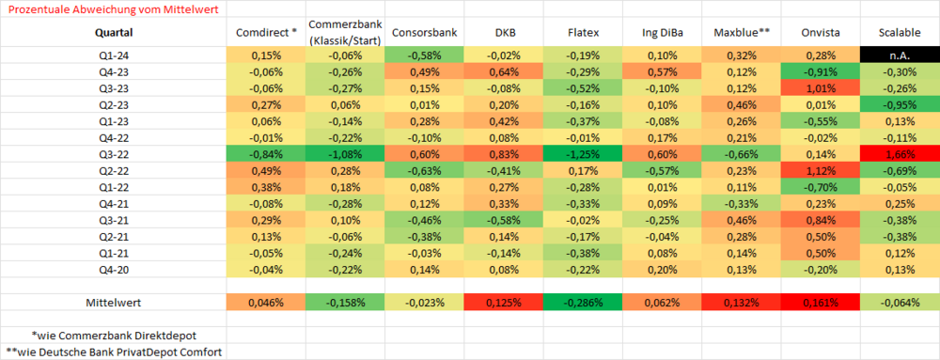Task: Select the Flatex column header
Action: point(583,34)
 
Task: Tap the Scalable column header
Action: point(900,34)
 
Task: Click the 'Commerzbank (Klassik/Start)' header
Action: point(344,33)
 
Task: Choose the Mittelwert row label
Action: point(114,303)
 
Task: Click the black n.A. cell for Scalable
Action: point(900,55)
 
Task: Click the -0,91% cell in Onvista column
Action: point(820,71)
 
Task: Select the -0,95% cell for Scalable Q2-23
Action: point(900,105)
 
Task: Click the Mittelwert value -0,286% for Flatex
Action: point(583,303)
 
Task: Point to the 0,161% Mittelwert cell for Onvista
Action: point(820,303)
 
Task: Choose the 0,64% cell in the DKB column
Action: point(504,71)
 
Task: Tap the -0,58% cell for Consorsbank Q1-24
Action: point(424,55)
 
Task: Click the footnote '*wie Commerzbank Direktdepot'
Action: point(114,335)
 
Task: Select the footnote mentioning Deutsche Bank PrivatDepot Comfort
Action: point(114,352)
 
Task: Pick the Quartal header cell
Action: point(114,34)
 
